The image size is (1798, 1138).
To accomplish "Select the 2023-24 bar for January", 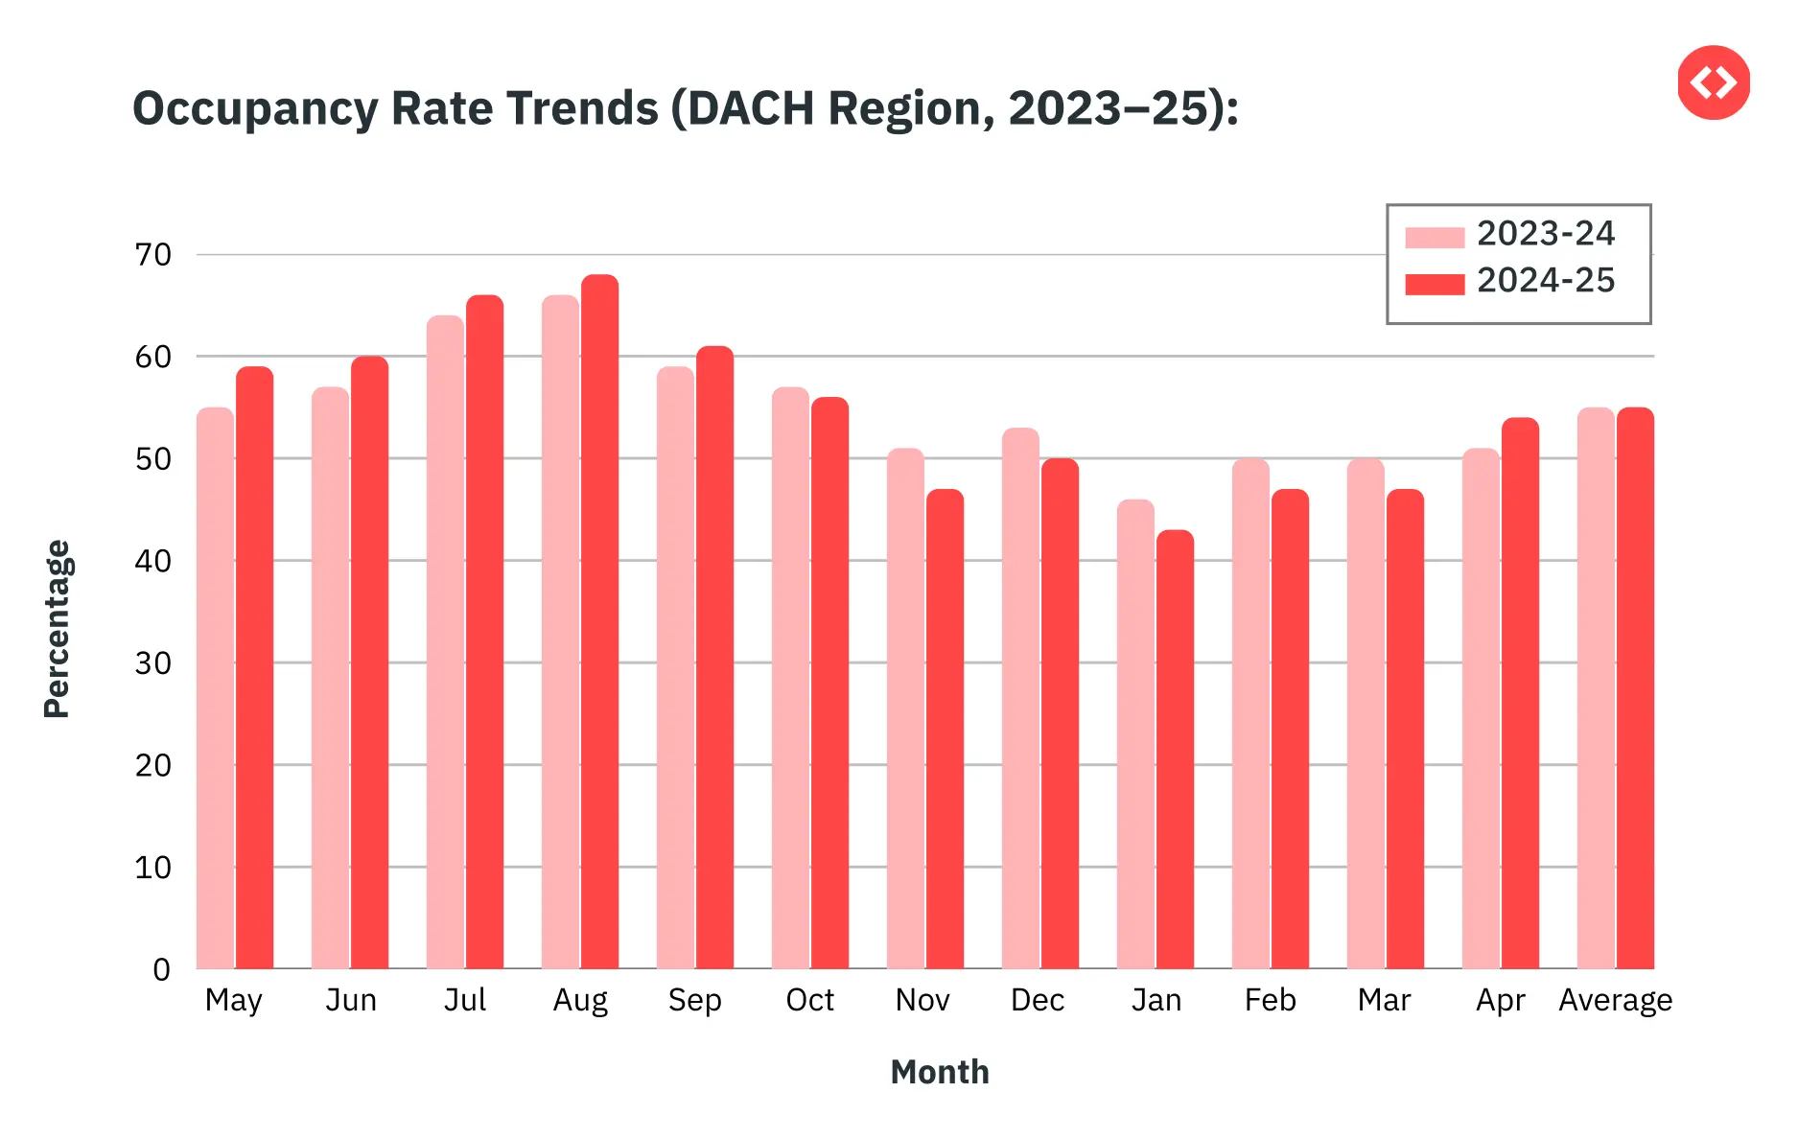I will click(x=1135, y=733).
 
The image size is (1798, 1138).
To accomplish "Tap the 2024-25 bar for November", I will click(x=945, y=729).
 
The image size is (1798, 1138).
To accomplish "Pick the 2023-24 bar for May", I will click(x=215, y=687).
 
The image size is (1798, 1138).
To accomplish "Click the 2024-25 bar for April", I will click(x=1520, y=692).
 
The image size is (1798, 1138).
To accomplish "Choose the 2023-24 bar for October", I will click(x=790, y=677).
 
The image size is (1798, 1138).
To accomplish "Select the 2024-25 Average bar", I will click(x=1635, y=687).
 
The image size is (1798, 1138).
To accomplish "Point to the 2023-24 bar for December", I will click(x=1020, y=698).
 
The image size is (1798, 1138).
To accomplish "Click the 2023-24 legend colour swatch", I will click(x=1434, y=237).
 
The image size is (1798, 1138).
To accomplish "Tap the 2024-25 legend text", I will click(x=1545, y=281).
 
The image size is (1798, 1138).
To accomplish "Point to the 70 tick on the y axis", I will click(x=153, y=255).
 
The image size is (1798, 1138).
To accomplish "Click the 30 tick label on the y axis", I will click(x=153, y=663).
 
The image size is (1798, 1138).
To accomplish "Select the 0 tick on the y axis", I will click(x=161, y=969).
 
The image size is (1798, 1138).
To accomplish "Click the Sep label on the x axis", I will click(x=694, y=1000).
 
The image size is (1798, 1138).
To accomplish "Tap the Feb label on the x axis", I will click(x=1270, y=1000).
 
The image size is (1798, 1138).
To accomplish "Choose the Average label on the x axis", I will click(x=1615, y=1000).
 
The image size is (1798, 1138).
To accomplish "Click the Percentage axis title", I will click(x=58, y=628).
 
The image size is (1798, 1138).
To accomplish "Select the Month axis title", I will click(x=939, y=1072).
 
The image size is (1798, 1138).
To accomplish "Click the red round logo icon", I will click(x=1714, y=82).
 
